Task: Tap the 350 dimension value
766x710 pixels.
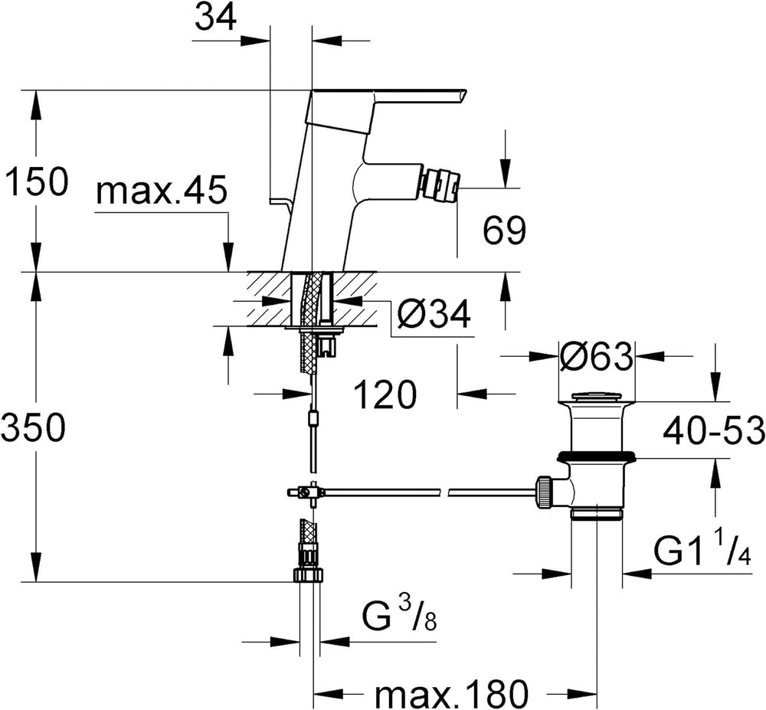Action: (33, 427)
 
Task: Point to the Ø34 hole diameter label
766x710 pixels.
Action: (434, 314)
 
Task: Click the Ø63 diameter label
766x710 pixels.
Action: (597, 357)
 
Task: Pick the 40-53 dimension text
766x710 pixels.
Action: (714, 431)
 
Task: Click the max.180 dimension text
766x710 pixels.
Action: (451, 692)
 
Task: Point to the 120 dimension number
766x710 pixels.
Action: (385, 394)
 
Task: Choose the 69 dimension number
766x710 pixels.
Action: (505, 230)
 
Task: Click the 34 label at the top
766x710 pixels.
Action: (215, 18)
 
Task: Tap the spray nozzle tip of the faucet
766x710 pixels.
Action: (441, 185)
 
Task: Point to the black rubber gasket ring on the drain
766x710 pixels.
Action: (597, 457)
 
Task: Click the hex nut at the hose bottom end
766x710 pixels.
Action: (308, 574)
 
